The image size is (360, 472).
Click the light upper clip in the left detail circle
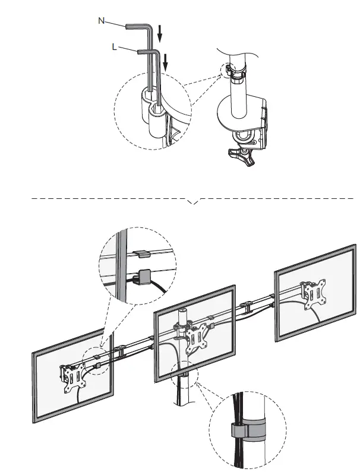(140, 254)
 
